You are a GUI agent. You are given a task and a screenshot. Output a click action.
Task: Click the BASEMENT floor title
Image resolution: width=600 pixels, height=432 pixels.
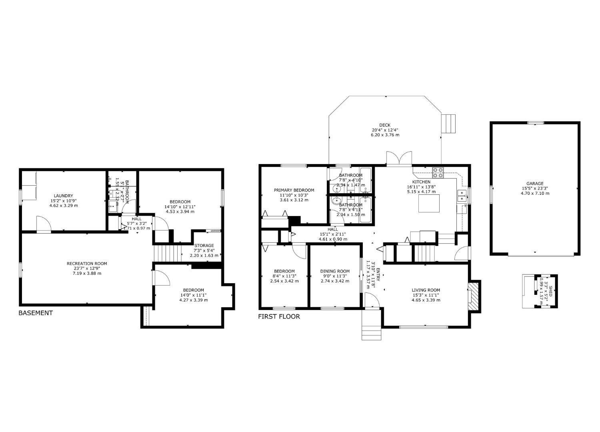[36, 313]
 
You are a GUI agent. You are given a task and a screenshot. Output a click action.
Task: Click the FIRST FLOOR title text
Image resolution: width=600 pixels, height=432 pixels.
[279, 316]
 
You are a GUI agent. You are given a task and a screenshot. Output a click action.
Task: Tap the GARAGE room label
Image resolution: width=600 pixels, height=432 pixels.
[535, 184]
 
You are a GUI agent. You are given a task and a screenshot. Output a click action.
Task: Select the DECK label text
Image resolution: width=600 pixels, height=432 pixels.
[385, 125]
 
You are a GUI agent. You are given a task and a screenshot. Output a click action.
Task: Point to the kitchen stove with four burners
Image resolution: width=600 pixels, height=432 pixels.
[438, 172]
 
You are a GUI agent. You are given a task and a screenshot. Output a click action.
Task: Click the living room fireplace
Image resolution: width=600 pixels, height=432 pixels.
[474, 295]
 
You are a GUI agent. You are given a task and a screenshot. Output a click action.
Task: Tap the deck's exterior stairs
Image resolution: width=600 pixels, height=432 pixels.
[448, 124]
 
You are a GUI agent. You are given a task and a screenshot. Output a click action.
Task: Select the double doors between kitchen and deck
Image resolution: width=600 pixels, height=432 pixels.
[399, 158]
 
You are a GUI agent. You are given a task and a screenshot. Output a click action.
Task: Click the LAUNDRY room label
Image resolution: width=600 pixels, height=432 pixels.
[63, 196]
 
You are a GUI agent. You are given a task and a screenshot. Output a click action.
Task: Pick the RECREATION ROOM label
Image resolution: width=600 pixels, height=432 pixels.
[87, 264]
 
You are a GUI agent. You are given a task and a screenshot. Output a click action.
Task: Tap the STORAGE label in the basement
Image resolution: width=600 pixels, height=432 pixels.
[204, 246]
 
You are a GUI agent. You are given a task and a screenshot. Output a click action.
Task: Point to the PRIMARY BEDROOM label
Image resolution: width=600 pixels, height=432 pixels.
[294, 190]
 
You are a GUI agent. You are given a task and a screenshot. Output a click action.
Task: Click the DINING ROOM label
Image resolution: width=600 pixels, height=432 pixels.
[335, 271]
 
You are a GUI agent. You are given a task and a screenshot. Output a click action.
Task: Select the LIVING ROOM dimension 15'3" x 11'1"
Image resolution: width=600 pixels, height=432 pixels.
[426, 295]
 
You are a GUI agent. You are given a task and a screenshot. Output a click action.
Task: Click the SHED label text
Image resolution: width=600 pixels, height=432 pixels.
[550, 288]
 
